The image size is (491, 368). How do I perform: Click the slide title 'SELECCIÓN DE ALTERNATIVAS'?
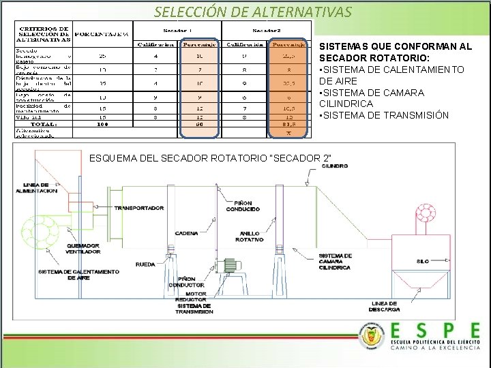click(x=253, y=12)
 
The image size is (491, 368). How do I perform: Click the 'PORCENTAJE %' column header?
click(x=102, y=33)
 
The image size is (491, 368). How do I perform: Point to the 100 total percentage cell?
click(x=103, y=124)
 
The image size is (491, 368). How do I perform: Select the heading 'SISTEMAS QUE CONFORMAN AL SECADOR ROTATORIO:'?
click(x=395, y=52)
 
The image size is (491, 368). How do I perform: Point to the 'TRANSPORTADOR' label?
click(x=139, y=208)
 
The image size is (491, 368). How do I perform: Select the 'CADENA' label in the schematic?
click(x=186, y=233)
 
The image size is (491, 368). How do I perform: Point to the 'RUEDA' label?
click(x=145, y=264)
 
